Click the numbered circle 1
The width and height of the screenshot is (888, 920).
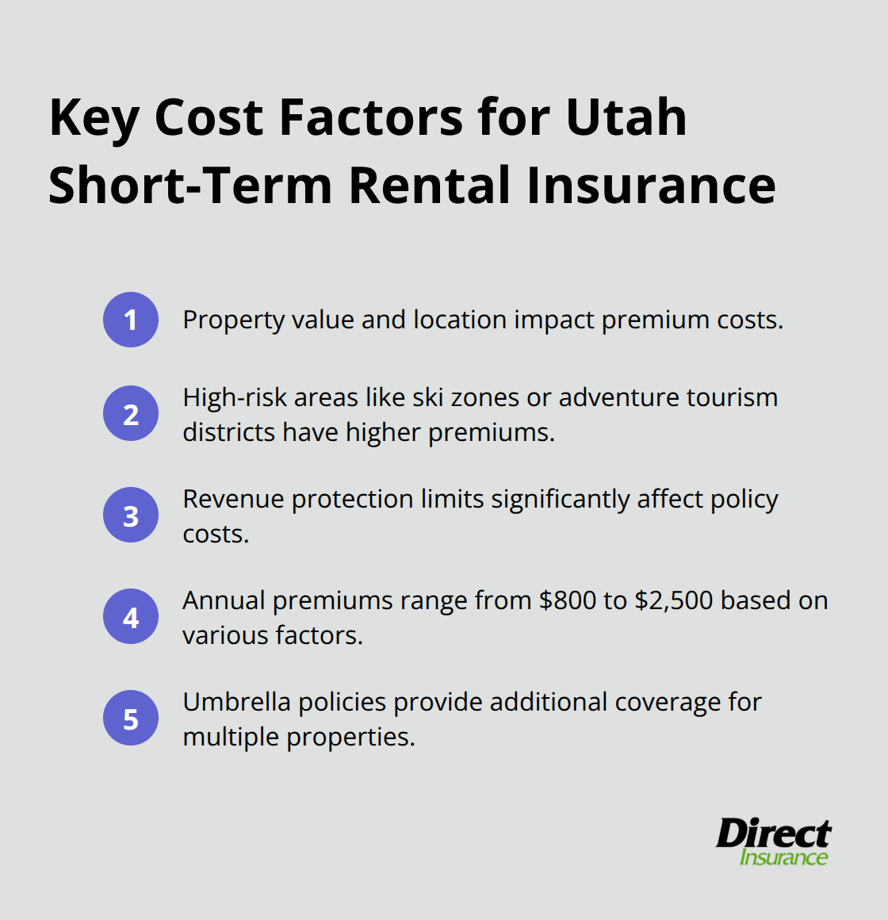pyautogui.click(x=131, y=320)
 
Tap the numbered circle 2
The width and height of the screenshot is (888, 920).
pyautogui.click(x=131, y=413)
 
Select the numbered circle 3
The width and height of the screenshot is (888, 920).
pyautogui.click(x=131, y=515)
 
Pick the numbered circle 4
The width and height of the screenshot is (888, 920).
pyautogui.click(x=131, y=616)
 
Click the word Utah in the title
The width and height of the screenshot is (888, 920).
pyautogui.click(x=626, y=117)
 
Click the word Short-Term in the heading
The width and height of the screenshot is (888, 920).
pyautogui.click(x=190, y=186)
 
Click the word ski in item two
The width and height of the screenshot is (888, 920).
pyautogui.click(x=427, y=397)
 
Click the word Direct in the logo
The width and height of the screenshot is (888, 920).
pyautogui.click(x=773, y=834)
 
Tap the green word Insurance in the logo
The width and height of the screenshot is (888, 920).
pyautogui.click(x=783, y=857)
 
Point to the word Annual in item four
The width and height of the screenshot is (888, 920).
pyautogui.click(x=224, y=600)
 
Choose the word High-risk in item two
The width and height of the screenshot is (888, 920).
pyautogui.click(x=234, y=397)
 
